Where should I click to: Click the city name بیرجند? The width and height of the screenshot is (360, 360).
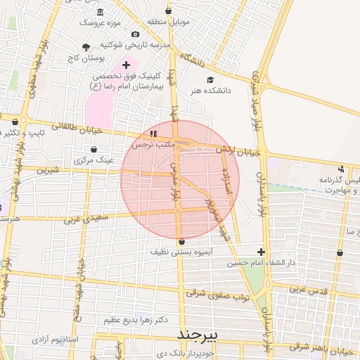pyautogui.click(x=200, y=333)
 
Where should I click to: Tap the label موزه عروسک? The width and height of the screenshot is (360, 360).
pyautogui.click(x=99, y=22)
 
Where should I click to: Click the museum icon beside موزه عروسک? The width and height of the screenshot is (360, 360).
pyautogui.click(x=99, y=12)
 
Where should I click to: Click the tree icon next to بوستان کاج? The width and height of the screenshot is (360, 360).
pyautogui.click(x=86, y=48)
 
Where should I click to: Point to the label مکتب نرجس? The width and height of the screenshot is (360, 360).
pyautogui.click(x=153, y=143)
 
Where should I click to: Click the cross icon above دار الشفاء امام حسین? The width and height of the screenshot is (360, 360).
pyautogui.click(x=261, y=252)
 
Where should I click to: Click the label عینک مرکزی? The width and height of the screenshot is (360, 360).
pyautogui.click(x=94, y=160)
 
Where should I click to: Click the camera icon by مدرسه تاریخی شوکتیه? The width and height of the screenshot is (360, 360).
pyautogui.click(x=135, y=34)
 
